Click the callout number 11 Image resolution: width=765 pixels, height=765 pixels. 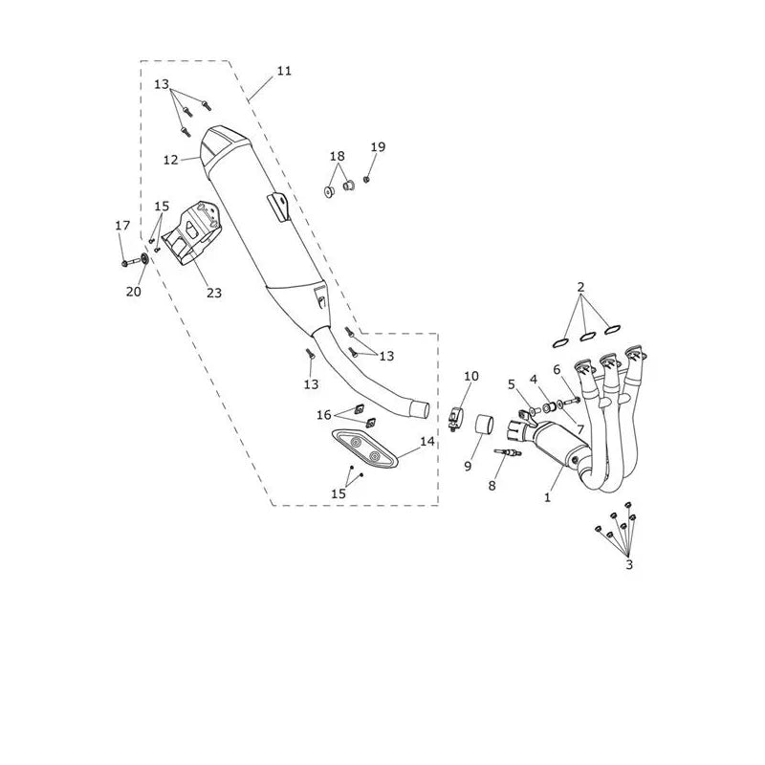pyautogui.click(x=284, y=71)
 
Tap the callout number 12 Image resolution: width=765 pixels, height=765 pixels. pyautogui.click(x=171, y=160)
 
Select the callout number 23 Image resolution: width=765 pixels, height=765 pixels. pyautogui.click(x=214, y=293)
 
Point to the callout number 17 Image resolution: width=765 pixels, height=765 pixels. pyautogui.click(x=123, y=226)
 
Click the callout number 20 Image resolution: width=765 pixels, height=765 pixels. pyautogui.click(x=134, y=292)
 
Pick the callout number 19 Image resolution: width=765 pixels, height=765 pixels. pyautogui.click(x=378, y=147)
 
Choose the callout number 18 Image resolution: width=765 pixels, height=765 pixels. pyautogui.click(x=338, y=156)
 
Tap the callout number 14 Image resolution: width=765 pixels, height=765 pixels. pyautogui.click(x=426, y=442)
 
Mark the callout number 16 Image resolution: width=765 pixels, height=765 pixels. pyautogui.click(x=324, y=415)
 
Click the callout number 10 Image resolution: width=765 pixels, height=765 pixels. pyautogui.click(x=471, y=376)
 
